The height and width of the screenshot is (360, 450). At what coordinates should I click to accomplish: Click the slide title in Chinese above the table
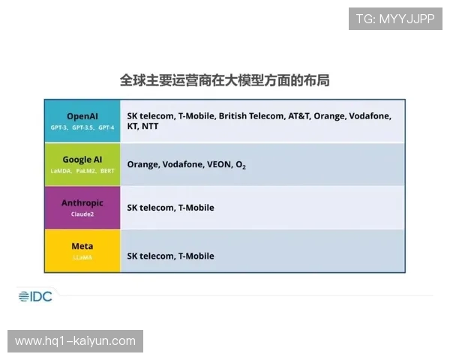225,79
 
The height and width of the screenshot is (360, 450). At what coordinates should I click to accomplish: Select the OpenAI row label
82,116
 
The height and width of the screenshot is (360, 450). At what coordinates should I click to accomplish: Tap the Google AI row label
82,160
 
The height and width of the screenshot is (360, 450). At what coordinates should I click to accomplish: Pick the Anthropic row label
82,203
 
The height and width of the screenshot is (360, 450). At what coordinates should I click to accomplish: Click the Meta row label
82,246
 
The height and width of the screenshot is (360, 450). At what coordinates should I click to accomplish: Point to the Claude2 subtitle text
82,214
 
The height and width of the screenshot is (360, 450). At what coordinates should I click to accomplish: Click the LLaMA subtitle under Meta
82,257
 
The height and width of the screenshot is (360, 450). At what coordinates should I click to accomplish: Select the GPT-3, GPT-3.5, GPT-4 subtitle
82,128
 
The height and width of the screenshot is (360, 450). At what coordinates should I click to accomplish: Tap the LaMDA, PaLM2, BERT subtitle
82,171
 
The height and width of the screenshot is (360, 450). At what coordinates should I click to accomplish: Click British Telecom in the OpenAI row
251,116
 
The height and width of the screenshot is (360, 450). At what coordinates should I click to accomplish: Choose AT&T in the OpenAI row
298,116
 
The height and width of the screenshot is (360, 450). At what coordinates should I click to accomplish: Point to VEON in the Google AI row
217,164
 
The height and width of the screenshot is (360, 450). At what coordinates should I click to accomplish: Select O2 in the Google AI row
240,164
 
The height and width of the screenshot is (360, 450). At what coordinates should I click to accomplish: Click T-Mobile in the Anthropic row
196,208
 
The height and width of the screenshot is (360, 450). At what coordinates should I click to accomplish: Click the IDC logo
35,296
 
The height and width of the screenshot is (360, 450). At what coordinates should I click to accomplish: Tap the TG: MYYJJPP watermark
395,19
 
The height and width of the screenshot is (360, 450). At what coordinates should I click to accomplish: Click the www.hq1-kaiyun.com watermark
75,341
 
